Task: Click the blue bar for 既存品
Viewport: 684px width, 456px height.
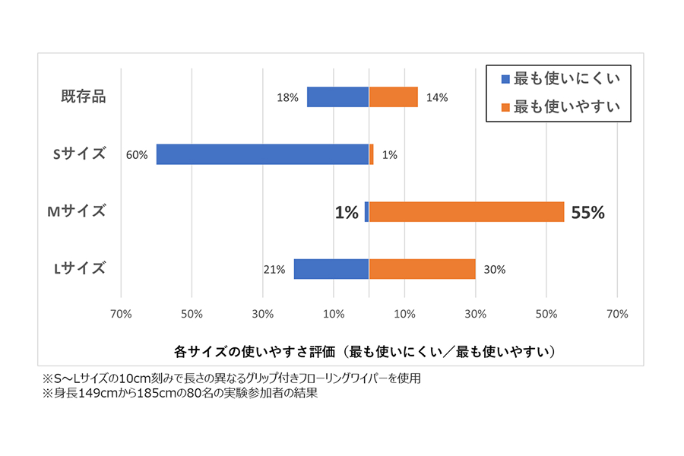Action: tap(337, 97)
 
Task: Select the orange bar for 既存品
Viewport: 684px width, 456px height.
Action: tap(393, 97)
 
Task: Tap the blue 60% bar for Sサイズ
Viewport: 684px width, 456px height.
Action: tap(262, 154)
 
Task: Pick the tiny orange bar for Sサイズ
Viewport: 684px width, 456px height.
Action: tap(371, 154)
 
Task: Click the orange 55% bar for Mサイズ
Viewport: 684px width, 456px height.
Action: tap(466, 212)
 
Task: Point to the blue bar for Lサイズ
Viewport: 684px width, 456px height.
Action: tap(331, 269)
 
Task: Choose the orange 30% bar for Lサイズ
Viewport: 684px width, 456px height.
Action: tap(422, 269)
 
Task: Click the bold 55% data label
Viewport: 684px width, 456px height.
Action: tap(587, 213)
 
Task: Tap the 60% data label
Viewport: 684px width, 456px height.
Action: tap(137, 155)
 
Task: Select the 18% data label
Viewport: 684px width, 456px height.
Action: tap(287, 98)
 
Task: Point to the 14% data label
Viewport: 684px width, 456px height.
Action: tap(437, 98)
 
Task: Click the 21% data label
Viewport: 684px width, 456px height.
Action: tap(274, 270)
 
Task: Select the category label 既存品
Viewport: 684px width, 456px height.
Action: tap(83, 97)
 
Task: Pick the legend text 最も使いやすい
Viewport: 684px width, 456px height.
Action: tap(567, 106)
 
